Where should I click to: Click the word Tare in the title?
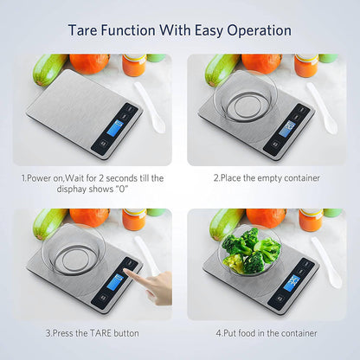(83, 30)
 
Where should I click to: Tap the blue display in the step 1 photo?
(115, 128)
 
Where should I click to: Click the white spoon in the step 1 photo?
(150, 107)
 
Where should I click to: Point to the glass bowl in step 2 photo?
(245, 96)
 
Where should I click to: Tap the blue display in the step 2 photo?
(287, 129)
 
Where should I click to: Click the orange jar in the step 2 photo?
(306, 66)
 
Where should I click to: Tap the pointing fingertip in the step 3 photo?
(125, 271)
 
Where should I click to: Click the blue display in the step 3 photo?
(115, 282)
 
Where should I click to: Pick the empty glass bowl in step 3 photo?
(73, 249)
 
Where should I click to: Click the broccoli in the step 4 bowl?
(250, 250)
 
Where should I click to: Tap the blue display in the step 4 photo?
(292, 283)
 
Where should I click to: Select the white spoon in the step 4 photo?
(327, 262)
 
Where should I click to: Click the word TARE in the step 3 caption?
(100, 333)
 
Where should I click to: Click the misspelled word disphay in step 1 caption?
(72, 190)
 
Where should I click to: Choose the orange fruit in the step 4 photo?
(266, 218)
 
